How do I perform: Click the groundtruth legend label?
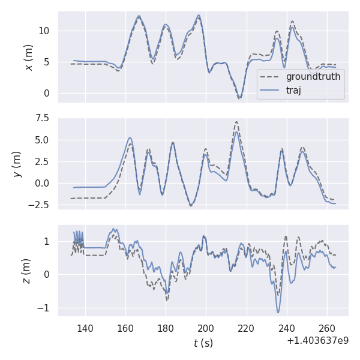coord(313,77)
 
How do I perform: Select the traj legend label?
coord(294,90)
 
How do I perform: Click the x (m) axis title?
coord(29,57)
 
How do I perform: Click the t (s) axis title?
coord(203,343)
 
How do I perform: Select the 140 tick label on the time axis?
coord(85,329)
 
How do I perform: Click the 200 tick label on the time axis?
coord(206,329)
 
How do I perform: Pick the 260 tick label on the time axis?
coord(327,329)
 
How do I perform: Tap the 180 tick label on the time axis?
coord(166,329)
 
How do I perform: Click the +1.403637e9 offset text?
coord(317,341)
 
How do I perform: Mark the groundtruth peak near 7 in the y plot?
coord(236,122)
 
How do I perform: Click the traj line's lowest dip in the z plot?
coord(278,312)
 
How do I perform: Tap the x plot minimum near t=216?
coord(239,98)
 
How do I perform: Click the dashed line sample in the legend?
coord(271,77)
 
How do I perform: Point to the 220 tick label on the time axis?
coord(246,329)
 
